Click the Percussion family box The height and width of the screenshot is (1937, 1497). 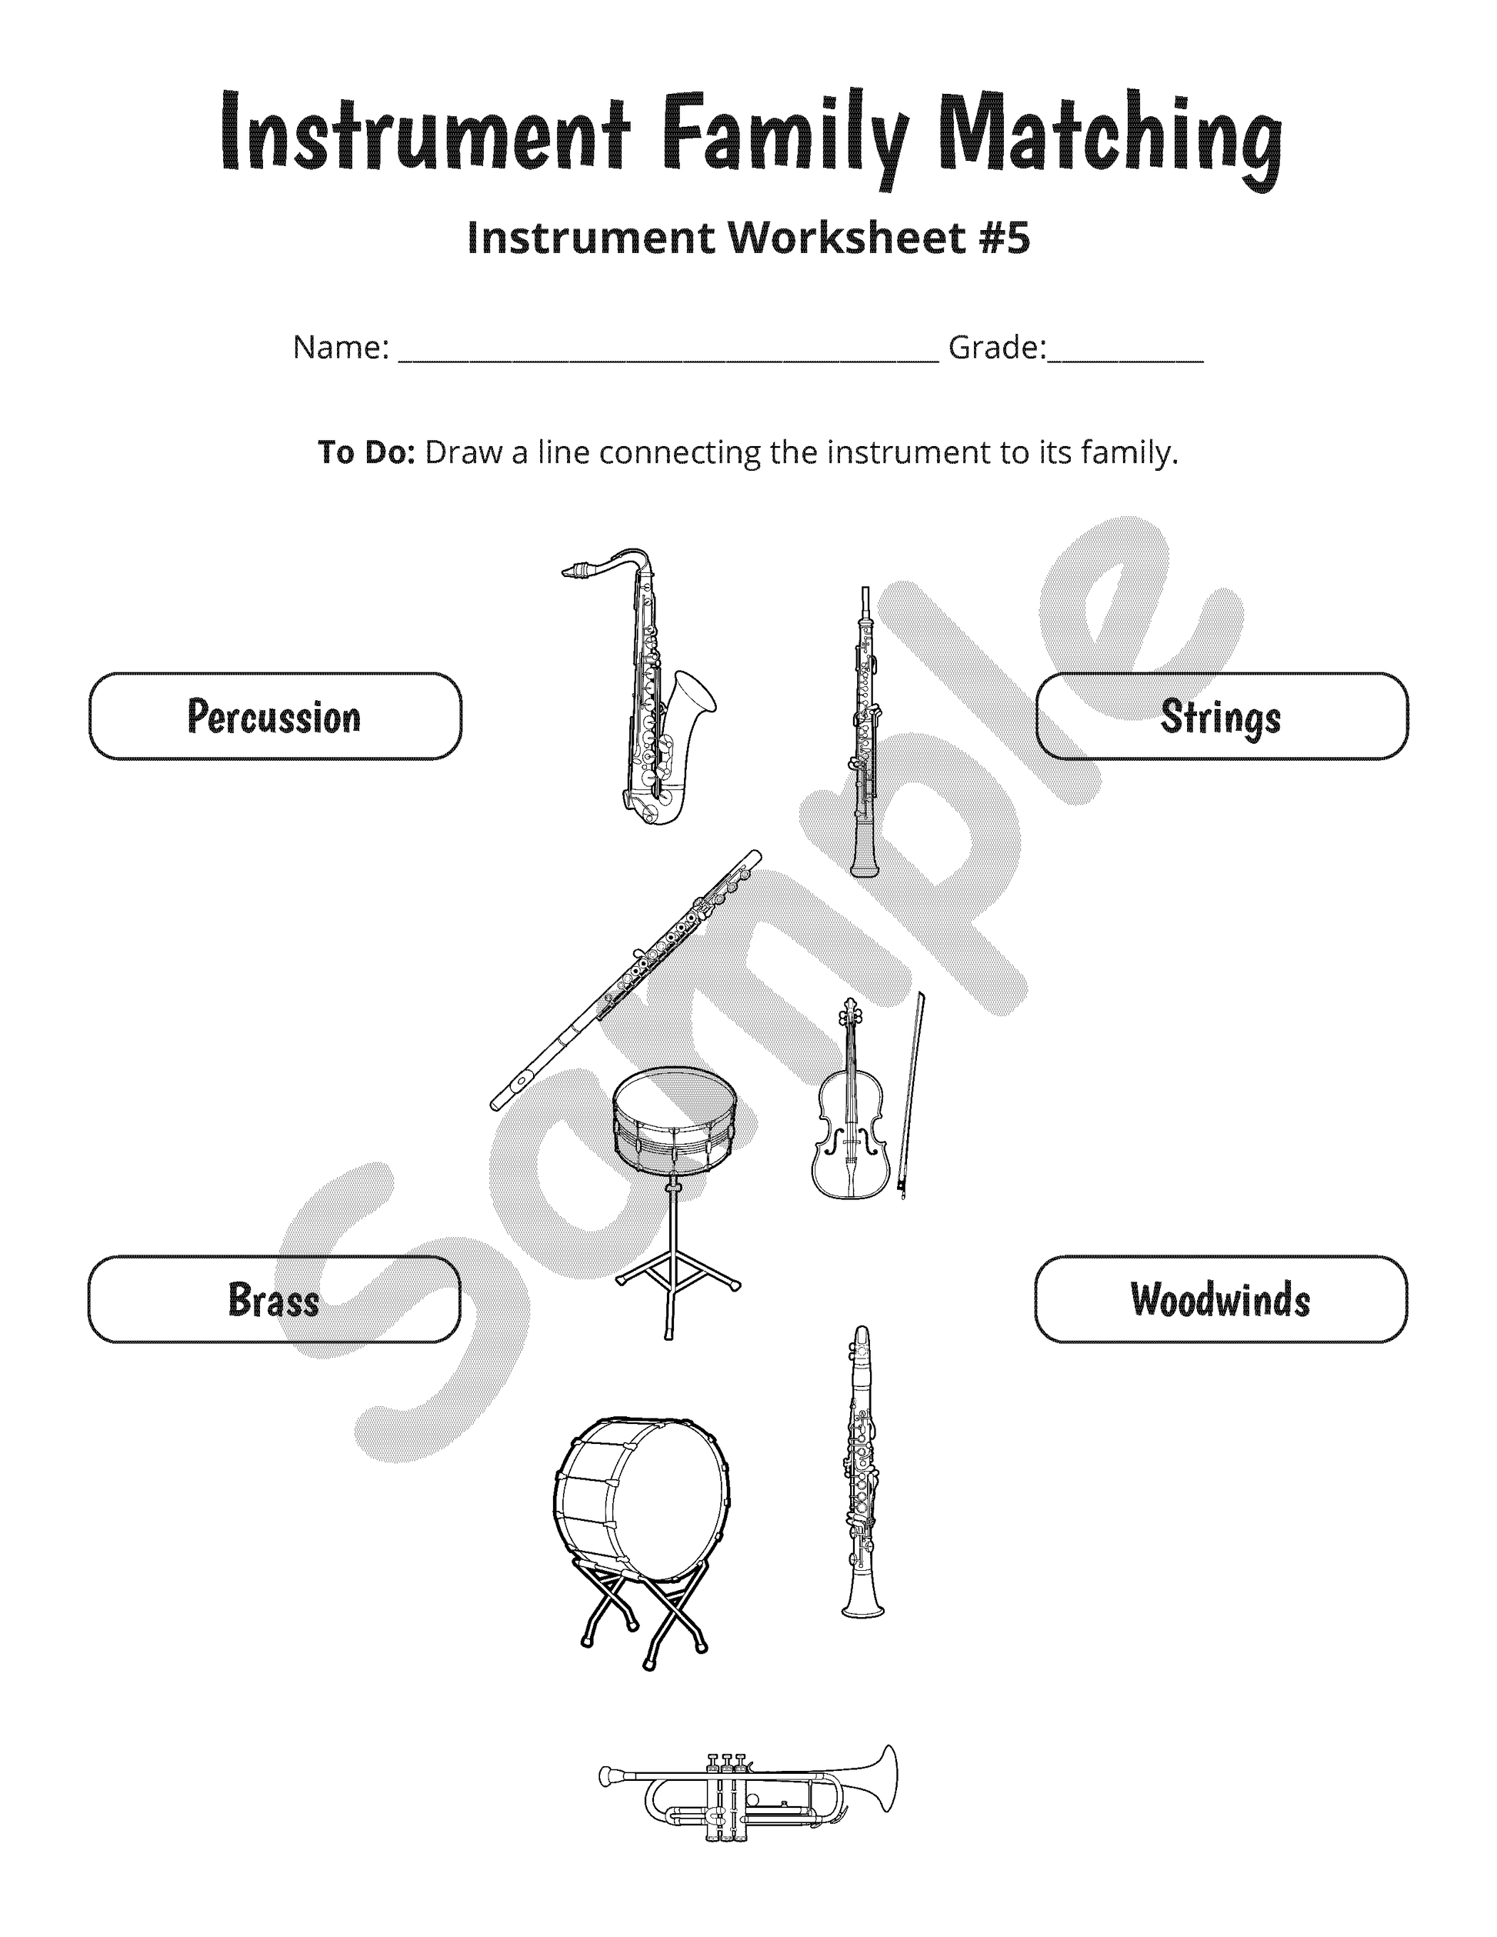click(x=275, y=715)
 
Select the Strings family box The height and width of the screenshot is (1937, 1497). click(x=1221, y=715)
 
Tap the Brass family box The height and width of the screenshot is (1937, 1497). click(x=274, y=1299)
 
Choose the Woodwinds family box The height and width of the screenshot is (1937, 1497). click(x=1220, y=1299)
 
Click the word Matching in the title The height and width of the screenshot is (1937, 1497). click(x=1109, y=138)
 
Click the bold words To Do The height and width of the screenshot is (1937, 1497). click(x=366, y=453)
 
